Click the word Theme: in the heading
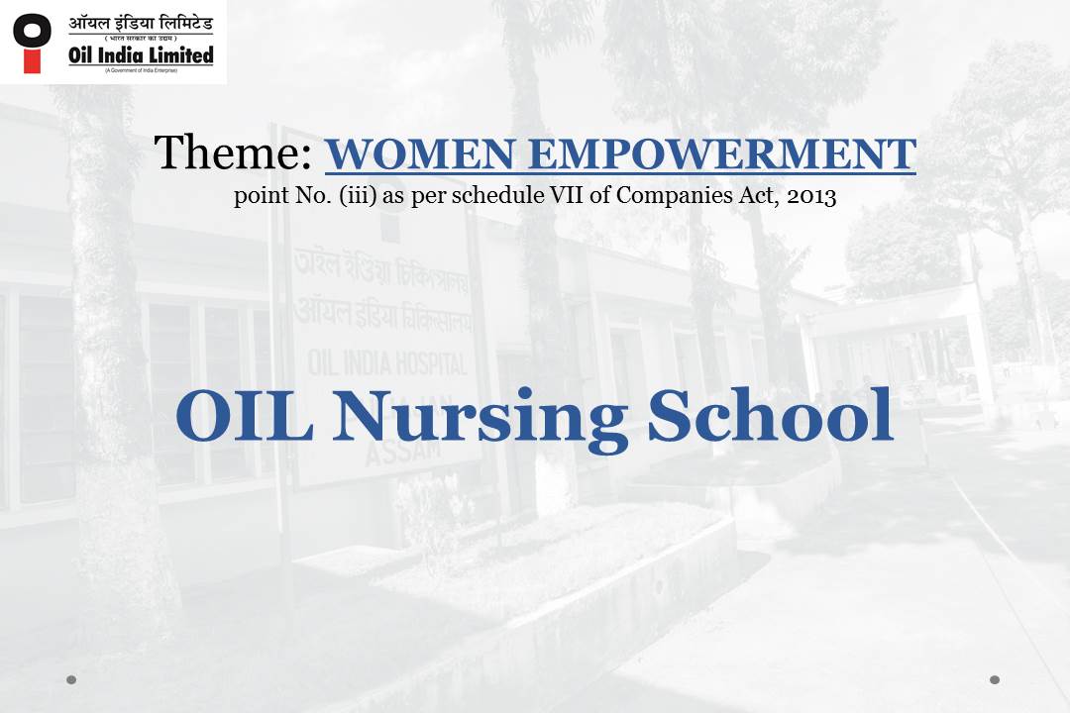click(233, 153)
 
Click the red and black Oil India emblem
click(33, 42)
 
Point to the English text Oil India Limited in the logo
click(141, 55)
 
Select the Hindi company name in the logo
click(141, 22)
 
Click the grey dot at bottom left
click(71, 679)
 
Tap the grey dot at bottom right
click(995, 679)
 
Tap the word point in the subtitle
click(258, 196)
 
